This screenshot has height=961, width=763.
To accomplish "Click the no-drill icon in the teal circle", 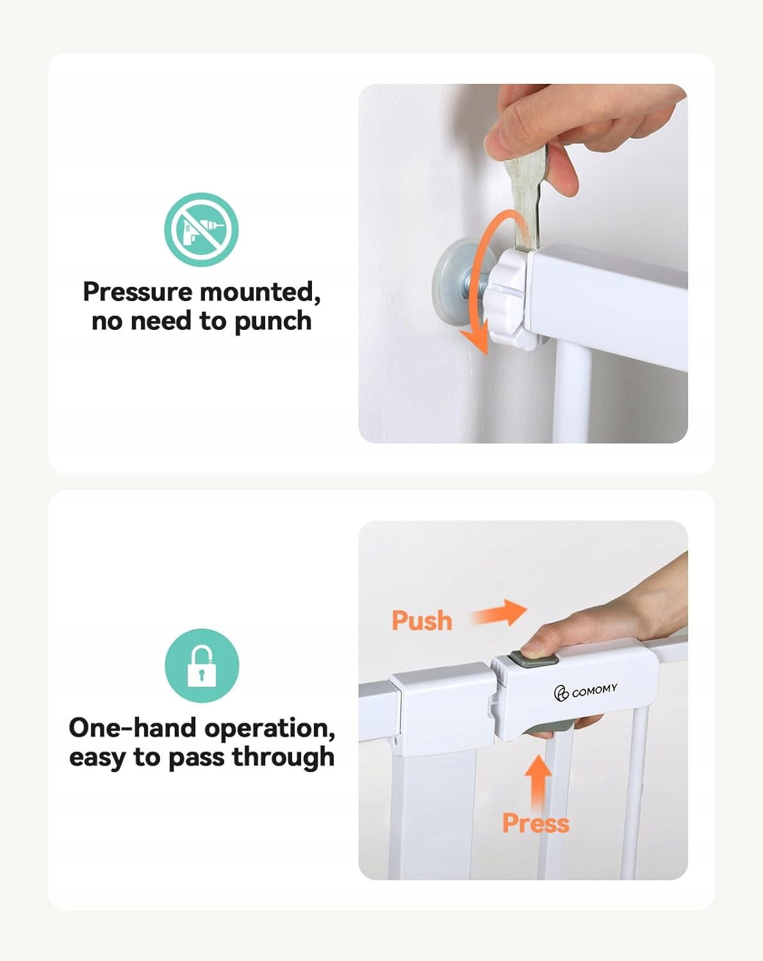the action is point(201,229).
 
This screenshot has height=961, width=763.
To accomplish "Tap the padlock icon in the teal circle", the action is point(202,666).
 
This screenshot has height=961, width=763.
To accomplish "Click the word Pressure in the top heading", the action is point(138,293).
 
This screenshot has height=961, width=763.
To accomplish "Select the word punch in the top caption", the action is point(272,322).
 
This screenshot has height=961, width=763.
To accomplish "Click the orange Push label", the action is point(422,621).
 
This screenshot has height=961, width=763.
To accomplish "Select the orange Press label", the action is point(536,823).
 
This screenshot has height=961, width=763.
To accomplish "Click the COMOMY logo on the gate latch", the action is point(586,692).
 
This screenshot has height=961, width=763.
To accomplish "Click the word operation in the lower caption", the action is point(270,729).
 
